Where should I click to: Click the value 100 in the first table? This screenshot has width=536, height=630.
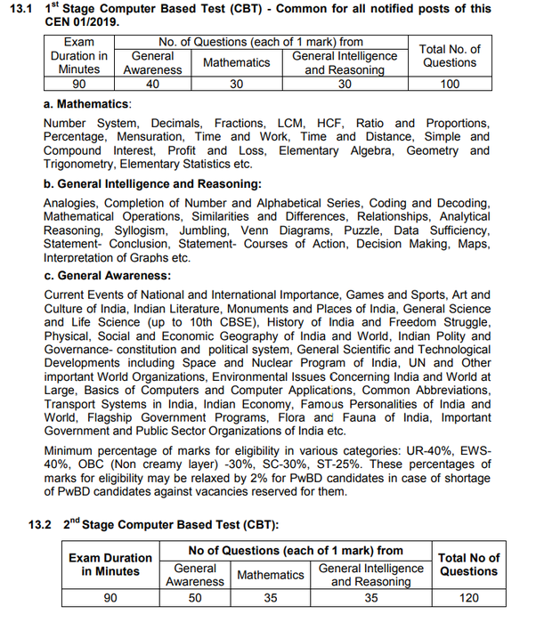point(450,85)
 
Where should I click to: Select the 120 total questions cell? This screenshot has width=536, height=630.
point(469,598)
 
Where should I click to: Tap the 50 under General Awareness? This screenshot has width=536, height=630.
point(195,598)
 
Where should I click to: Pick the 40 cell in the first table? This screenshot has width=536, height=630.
point(152,85)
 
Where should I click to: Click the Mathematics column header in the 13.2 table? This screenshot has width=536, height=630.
point(271,575)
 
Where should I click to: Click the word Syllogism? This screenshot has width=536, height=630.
point(118,230)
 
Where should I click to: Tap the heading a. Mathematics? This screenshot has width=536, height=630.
point(87,104)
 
